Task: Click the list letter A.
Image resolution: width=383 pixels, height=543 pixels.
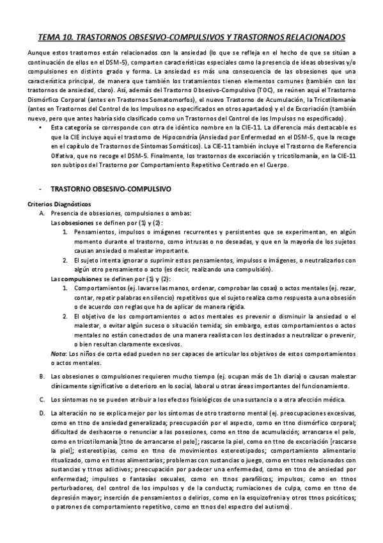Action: (42, 213)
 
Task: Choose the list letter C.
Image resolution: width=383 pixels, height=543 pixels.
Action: (42, 399)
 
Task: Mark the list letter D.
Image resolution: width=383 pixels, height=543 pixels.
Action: (42, 414)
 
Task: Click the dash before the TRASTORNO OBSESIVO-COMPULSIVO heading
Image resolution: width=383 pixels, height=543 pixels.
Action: (40, 190)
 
